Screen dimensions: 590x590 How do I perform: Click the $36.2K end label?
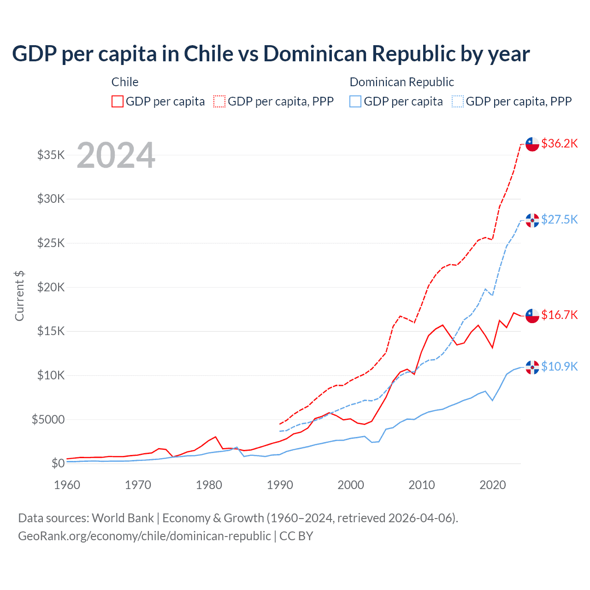click(x=559, y=144)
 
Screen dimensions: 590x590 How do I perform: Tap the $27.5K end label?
click(x=559, y=219)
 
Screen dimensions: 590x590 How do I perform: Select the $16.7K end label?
click(x=559, y=315)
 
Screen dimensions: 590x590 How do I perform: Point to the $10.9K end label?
click(x=559, y=367)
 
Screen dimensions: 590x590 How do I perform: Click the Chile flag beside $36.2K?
click(x=532, y=144)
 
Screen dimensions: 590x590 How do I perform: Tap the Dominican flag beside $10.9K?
click(x=532, y=367)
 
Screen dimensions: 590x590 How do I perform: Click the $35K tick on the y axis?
click(x=51, y=155)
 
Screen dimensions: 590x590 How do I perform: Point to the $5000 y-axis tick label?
click(x=48, y=419)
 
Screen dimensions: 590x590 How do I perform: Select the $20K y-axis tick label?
click(x=51, y=287)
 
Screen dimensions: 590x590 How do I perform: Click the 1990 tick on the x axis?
click(x=280, y=485)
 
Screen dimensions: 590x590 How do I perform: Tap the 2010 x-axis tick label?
click(x=422, y=485)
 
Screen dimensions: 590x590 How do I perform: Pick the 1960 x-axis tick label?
click(x=67, y=485)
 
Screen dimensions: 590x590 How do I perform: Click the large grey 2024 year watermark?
click(x=116, y=155)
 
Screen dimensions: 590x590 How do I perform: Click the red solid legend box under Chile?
click(x=118, y=101)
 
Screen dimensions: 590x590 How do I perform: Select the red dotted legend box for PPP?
click(x=219, y=101)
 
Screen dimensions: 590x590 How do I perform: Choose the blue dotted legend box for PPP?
click(x=458, y=101)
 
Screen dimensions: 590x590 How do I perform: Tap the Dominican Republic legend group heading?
click(x=401, y=82)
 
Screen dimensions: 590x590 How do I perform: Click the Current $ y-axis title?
click(x=19, y=296)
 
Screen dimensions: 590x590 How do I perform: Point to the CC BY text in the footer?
click(x=296, y=536)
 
